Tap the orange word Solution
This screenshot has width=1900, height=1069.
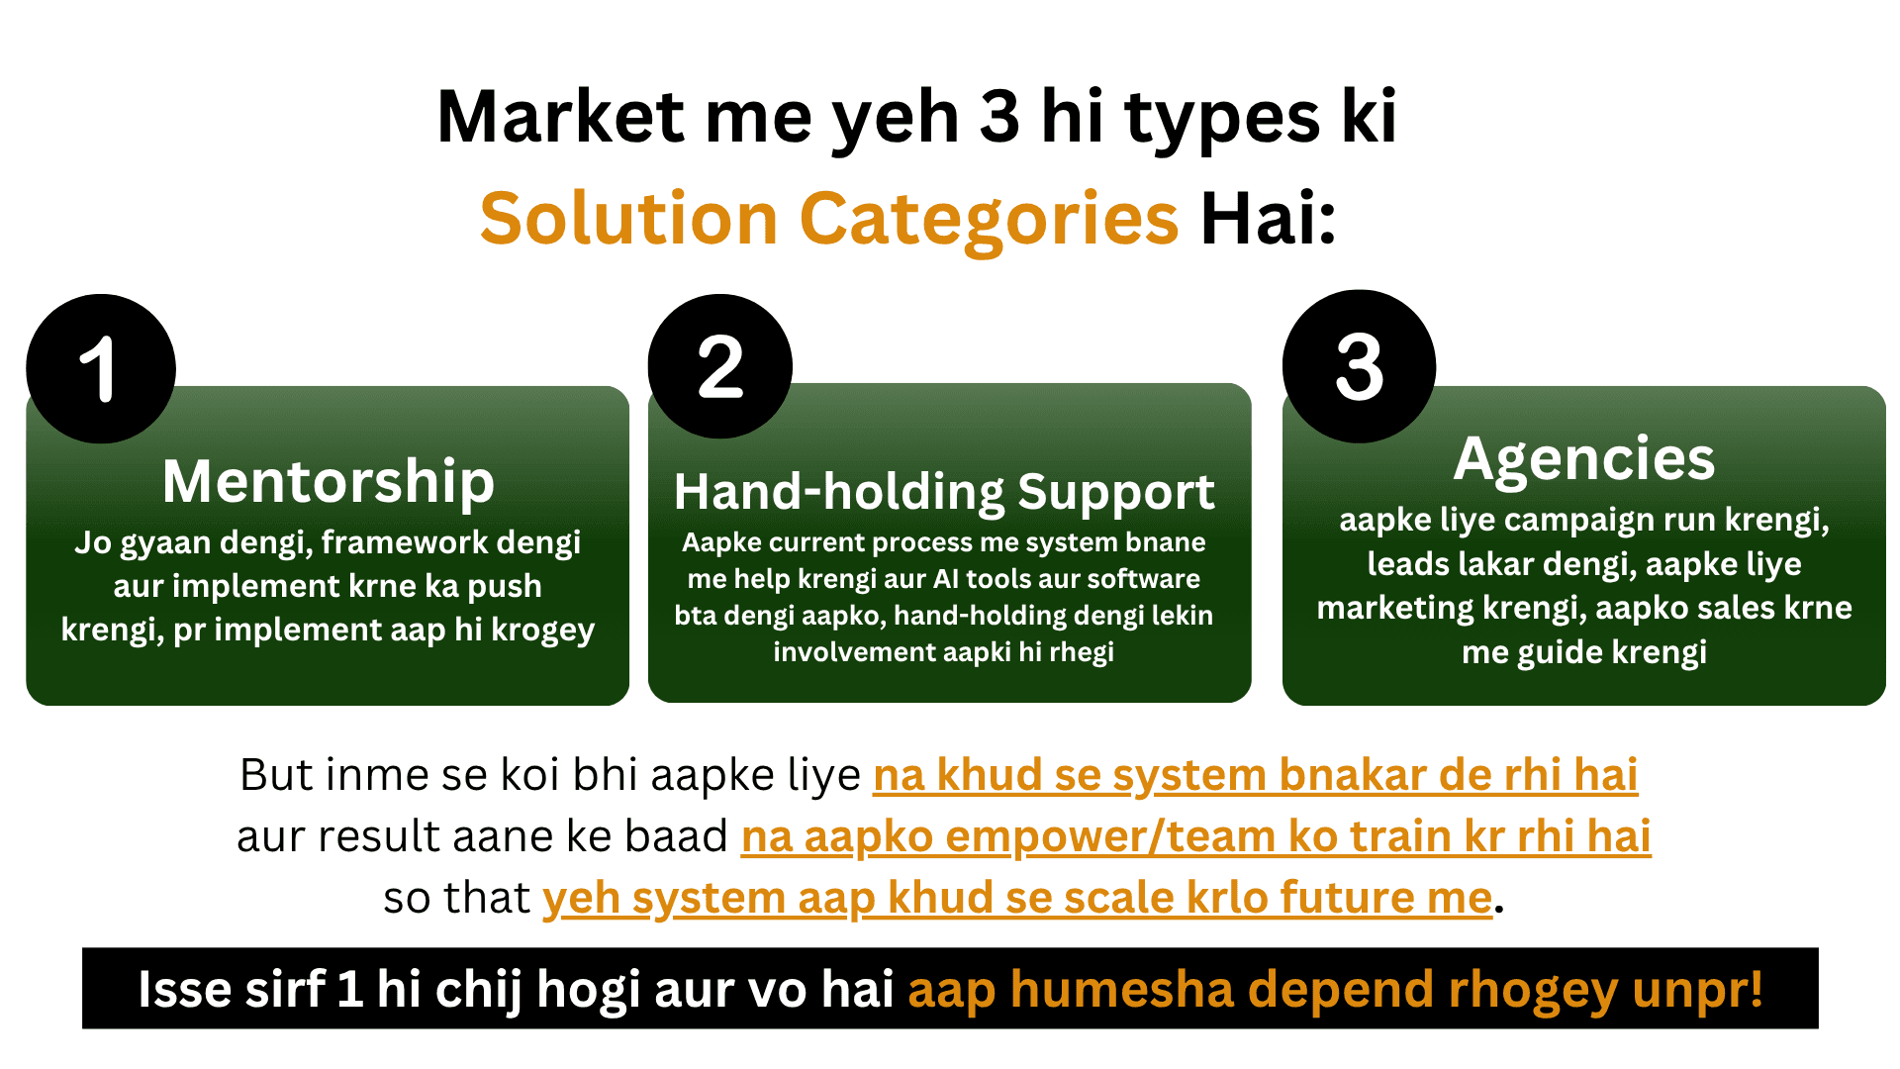(629, 218)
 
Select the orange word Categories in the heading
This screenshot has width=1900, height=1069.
(989, 220)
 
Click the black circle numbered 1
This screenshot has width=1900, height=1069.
(101, 368)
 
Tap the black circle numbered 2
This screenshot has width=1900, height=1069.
(720, 366)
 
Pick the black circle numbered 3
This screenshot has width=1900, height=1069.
(1359, 366)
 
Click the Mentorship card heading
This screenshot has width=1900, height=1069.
(328, 482)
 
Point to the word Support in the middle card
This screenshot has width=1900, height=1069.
(1116, 493)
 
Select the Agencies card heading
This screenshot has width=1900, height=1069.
(1584, 460)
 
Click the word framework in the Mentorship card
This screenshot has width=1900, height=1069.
(405, 542)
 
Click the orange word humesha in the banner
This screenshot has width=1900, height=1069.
(1122, 990)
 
